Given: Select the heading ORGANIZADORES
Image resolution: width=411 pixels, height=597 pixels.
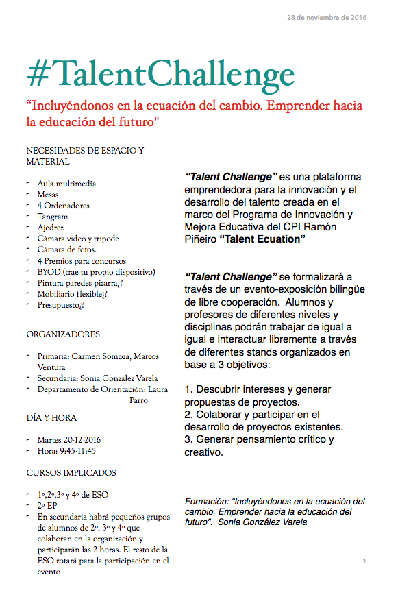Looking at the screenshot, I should (x=63, y=334).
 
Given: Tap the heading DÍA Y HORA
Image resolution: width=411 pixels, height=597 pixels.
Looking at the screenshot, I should (x=51, y=417).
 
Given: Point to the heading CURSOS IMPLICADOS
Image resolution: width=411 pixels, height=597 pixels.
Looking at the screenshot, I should (x=71, y=473).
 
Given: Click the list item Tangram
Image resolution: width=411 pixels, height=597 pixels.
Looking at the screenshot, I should (x=53, y=217).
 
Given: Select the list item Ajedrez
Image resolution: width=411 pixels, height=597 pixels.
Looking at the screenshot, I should (x=51, y=228).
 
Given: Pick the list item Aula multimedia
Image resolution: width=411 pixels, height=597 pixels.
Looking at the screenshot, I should (x=66, y=184).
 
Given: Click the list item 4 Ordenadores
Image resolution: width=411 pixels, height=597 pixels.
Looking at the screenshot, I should (x=63, y=206).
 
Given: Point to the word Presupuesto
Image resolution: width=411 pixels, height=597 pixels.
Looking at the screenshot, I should (x=60, y=304).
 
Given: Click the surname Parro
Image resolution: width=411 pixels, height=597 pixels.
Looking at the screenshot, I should (x=138, y=400).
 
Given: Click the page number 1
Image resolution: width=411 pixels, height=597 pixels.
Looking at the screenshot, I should (x=364, y=561).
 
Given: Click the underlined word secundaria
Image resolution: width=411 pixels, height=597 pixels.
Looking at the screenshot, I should (x=67, y=516).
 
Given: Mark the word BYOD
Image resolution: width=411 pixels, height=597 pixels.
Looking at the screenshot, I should (x=49, y=271).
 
